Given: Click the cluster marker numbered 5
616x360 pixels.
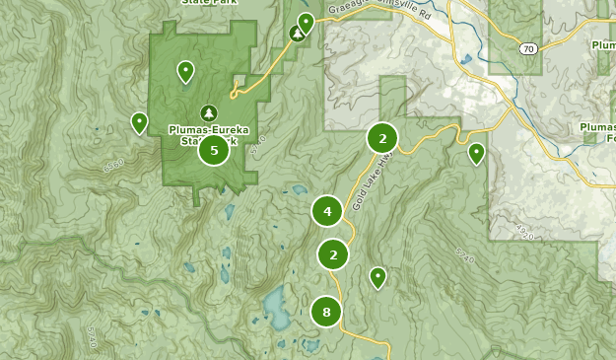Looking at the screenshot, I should click(x=214, y=151).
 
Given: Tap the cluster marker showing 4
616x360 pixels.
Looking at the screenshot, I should click(x=327, y=210).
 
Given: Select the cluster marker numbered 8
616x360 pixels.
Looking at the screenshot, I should click(x=327, y=313).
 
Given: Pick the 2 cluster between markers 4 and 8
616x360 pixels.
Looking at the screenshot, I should click(x=334, y=254).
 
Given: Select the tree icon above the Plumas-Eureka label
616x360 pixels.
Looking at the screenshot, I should click(x=208, y=112).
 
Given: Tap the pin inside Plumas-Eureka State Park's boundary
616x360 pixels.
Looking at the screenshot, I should click(x=185, y=71).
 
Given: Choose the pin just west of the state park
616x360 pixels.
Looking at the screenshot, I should click(x=140, y=122).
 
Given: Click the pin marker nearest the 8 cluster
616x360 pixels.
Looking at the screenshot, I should click(x=377, y=277).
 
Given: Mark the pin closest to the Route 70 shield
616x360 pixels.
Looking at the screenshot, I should click(x=477, y=153).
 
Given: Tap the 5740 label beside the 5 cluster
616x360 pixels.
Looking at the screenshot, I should click(x=258, y=148).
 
